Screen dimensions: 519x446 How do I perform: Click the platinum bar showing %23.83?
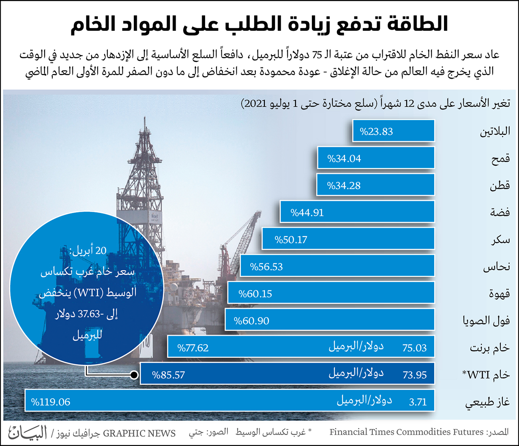[393, 131]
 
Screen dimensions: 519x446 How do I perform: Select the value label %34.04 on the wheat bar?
[344, 159]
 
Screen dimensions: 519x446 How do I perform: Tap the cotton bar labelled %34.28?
[375, 185]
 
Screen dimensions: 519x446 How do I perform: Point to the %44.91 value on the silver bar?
[307, 213]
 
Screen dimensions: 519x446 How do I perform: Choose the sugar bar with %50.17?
[348, 239]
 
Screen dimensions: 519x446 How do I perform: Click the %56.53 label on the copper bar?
[266, 267]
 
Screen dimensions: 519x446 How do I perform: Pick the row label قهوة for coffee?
[499, 293]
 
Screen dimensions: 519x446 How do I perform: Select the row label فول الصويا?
[486, 321]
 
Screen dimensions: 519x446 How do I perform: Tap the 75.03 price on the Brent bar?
[414, 348]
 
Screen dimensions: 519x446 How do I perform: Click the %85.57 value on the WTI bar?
[168, 375]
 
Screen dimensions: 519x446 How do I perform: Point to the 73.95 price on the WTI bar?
[414, 375]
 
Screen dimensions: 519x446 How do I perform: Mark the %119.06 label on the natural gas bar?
[51, 402]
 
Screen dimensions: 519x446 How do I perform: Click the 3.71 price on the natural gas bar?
[418, 402]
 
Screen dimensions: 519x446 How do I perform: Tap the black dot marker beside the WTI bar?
[134, 375]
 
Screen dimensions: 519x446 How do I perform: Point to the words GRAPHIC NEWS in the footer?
[139, 433]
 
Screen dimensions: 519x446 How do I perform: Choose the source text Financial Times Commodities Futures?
[407, 432]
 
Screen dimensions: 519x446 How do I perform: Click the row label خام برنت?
[490, 348]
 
